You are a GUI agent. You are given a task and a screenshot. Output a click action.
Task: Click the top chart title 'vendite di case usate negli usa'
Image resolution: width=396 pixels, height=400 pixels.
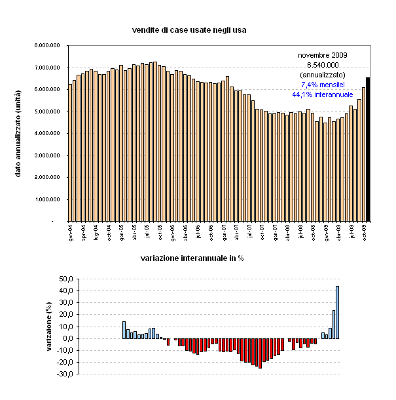pos(189,30)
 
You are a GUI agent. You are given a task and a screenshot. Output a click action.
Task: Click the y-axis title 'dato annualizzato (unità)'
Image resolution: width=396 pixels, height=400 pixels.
pos(19,134)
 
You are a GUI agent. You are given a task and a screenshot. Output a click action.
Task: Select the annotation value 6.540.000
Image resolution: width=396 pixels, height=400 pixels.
pos(323,65)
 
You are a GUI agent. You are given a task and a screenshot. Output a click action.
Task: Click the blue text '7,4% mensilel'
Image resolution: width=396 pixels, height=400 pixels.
pos(323,85)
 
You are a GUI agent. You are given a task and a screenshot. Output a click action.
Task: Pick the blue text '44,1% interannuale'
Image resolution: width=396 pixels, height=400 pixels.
pos(323,94)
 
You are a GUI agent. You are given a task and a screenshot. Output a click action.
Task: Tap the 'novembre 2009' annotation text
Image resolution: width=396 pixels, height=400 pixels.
pos(323,55)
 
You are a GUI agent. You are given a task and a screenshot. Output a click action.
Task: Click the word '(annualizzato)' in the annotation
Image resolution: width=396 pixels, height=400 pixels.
pos(323,75)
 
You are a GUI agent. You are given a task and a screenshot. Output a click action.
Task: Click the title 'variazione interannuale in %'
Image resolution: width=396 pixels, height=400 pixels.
pos(192,258)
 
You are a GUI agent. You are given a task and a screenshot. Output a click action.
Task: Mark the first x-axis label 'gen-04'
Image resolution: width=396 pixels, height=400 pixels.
pos(71,231)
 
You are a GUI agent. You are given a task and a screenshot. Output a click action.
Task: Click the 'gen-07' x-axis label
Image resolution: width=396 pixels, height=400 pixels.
pos(225,231)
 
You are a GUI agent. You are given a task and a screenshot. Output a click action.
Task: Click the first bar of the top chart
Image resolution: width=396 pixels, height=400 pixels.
pos(70,153)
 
